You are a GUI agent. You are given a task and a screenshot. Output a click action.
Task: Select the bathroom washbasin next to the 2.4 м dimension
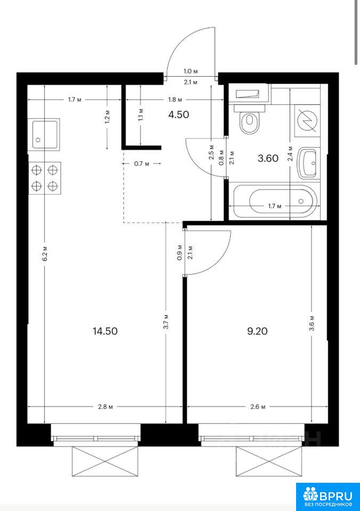pyautogui.click(x=308, y=163)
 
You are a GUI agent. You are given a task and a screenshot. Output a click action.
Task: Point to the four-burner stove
pyautogui.click(x=45, y=178)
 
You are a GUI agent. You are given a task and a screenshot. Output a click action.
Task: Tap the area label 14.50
pyautogui.click(x=105, y=332)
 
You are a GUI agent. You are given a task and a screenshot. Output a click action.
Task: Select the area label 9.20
pyautogui.click(x=257, y=332)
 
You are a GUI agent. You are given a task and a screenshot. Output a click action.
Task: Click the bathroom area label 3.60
pyautogui.click(x=268, y=159)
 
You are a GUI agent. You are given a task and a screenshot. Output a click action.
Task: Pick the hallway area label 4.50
pyautogui.click(x=179, y=115)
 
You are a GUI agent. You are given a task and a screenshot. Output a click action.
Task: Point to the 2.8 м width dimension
pyautogui.click(x=105, y=407)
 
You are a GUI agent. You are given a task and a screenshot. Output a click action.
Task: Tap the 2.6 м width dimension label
pyautogui.click(x=258, y=407)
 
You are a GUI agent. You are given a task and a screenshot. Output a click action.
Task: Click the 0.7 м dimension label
pyautogui.click(x=142, y=163)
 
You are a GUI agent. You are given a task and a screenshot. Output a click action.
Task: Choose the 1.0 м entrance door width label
pyautogui.click(x=191, y=71)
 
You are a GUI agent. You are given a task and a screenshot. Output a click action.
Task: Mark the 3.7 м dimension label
pyautogui.click(x=166, y=322)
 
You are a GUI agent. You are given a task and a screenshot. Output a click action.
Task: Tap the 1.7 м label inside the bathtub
pyautogui.click(x=275, y=206)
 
